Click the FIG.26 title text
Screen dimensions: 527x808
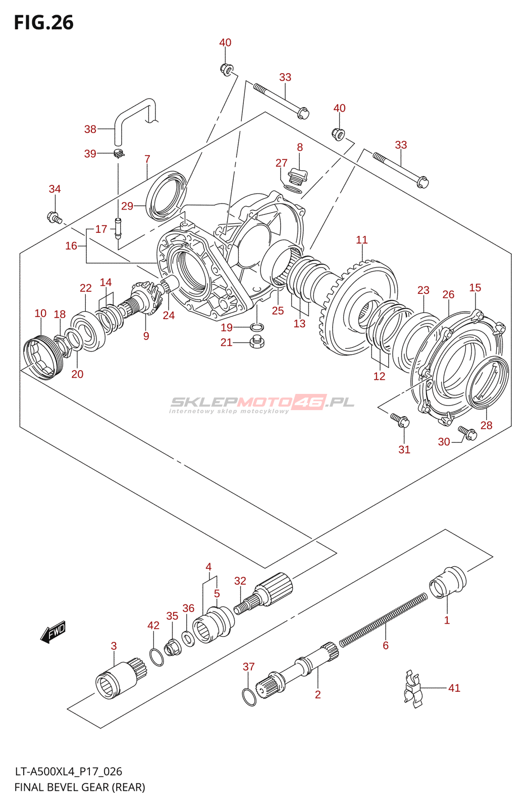click(43, 22)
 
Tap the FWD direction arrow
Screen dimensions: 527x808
click(52, 632)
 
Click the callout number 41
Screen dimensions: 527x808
click(454, 688)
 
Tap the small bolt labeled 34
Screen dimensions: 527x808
click(55, 218)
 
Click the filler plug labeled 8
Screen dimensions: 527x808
click(298, 177)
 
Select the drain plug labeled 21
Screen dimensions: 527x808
click(256, 341)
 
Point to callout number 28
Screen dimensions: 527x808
click(486, 425)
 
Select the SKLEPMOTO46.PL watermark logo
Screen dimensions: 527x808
click(262, 403)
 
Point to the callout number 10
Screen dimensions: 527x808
click(40, 313)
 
